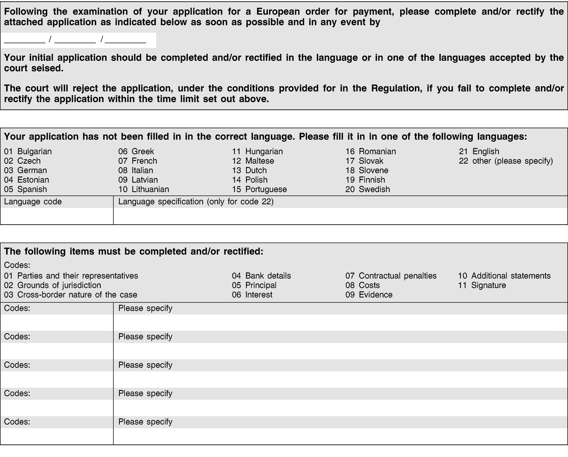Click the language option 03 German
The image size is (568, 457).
(x=26, y=170)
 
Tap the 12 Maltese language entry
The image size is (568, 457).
(x=253, y=161)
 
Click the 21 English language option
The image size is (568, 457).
(x=479, y=151)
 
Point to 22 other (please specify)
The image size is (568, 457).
(x=506, y=161)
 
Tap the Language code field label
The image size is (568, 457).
(x=33, y=202)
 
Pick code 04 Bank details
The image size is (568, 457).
(x=261, y=276)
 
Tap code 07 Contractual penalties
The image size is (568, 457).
(x=391, y=276)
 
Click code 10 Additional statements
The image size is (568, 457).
(x=504, y=276)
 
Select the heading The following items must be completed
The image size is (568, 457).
(x=134, y=251)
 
